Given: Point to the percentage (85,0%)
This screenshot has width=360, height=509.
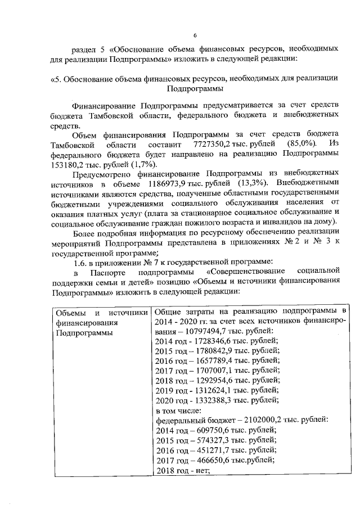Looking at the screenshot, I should tap(303, 145).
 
